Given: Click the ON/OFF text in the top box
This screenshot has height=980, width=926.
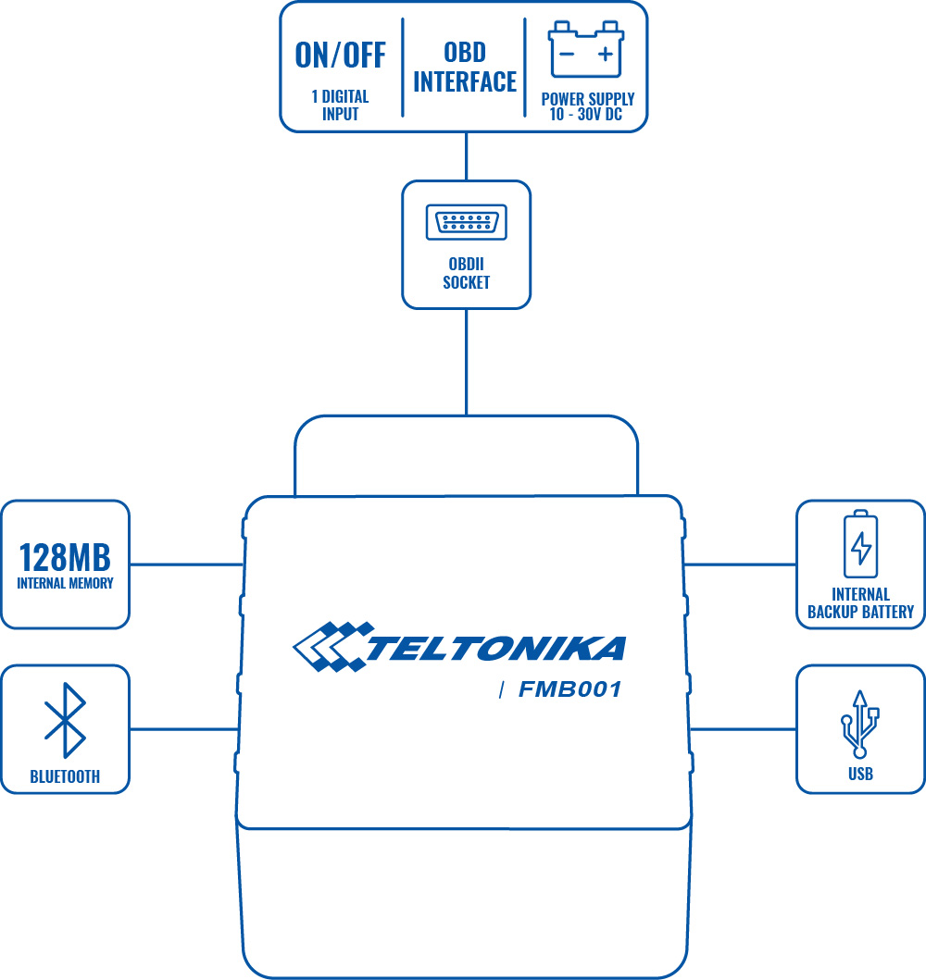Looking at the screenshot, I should (340, 56).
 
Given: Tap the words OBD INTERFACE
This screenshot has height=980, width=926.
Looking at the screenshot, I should (465, 67).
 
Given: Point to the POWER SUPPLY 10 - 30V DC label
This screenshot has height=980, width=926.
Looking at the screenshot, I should (587, 106).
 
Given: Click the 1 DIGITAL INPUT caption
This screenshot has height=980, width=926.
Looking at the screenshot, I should (340, 105).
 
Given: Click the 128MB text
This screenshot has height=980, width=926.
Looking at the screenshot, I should (65, 558).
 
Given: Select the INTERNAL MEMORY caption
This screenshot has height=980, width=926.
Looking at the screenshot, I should (65, 584).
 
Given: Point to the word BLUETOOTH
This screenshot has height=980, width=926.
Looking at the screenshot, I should (65, 777).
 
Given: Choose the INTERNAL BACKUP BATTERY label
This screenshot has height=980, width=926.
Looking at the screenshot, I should (860, 603).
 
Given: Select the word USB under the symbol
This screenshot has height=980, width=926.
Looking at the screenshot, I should (860, 775).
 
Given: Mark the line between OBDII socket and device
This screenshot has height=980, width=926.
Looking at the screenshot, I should (466, 361).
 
